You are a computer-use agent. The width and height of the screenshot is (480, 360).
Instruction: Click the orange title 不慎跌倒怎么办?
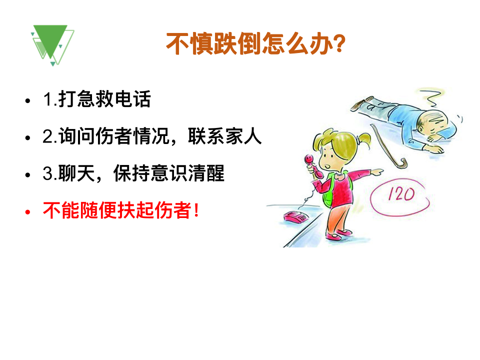coord(256,44)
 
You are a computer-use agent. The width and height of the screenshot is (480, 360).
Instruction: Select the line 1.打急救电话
coord(97,99)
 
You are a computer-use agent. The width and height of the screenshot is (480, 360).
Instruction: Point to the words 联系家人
coord(225,136)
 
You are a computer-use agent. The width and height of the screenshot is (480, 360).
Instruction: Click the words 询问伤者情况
coord(114,136)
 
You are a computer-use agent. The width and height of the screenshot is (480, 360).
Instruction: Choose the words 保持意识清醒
coord(169,173)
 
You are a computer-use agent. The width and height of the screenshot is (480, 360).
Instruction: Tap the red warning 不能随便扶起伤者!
coord(121,210)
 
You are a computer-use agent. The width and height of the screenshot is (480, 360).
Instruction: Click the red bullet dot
coord(28,212)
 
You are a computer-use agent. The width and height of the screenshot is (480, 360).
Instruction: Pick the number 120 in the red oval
coord(401,194)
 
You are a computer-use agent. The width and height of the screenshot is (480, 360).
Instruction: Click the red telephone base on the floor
coord(296,216)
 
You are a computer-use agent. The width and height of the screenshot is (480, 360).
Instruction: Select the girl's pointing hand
coord(376,172)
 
